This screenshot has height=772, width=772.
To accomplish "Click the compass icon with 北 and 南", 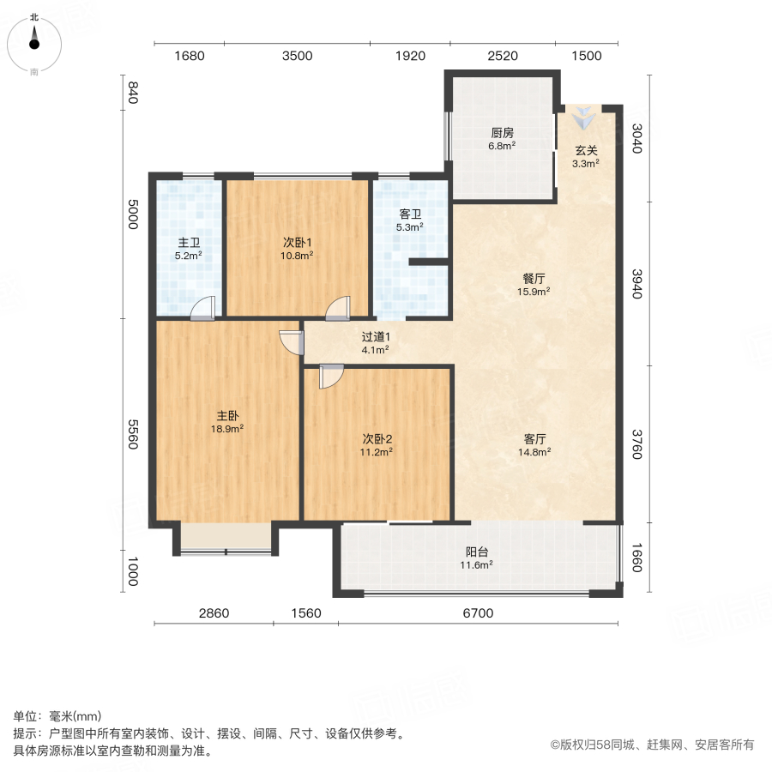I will (x=34, y=44).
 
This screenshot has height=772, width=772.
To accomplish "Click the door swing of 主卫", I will (x=202, y=308).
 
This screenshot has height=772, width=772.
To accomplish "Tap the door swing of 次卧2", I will (x=330, y=377).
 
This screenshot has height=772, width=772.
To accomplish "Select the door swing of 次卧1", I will (x=338, y=308).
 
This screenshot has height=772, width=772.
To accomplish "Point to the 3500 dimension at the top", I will (x=297, y=57).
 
